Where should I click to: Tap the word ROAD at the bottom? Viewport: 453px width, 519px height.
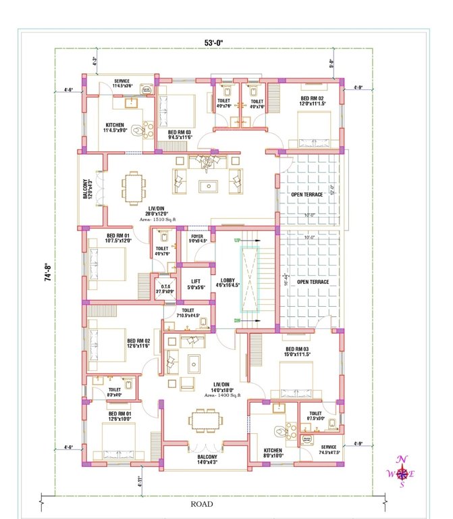[x=201, y=504]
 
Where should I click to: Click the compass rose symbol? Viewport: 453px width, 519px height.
[x=402, y=472]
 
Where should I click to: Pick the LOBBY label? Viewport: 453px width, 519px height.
[x=227, y=282]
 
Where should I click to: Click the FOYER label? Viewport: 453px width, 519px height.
[x=196, y=238]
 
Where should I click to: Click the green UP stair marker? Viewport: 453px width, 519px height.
[x=237, y=241]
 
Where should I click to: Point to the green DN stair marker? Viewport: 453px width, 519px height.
[x=237, y=320]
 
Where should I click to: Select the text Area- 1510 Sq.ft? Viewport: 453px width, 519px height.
[x=157, y=220]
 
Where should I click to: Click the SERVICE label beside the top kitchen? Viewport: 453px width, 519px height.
[x=122, y=83]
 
